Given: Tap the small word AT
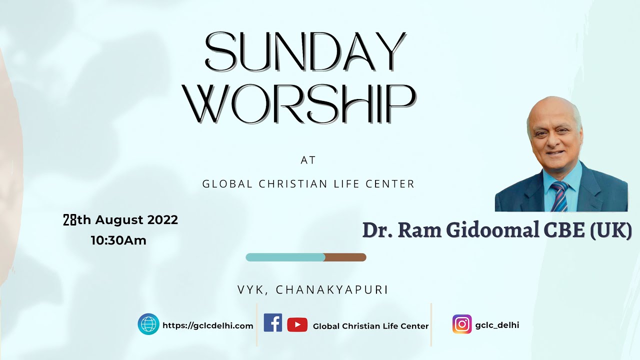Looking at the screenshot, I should point(308,160).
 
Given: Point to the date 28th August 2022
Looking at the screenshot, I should point(120,219).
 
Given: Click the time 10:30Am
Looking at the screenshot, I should point(118,240).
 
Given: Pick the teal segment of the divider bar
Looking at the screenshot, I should point(285,257).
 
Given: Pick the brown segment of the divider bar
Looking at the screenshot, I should point(345,257).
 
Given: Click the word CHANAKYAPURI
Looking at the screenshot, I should point(332,290).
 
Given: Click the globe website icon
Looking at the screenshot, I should point(148,324).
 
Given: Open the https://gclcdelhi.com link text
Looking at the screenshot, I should point(208,325).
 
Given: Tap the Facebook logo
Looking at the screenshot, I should point(273,323).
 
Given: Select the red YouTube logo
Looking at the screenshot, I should point(297,325).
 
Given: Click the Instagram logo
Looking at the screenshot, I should point(462,324).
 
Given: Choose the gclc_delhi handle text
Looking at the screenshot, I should point(497,325).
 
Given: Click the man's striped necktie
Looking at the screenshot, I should point(560,196).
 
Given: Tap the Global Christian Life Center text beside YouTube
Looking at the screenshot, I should point(370,326).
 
